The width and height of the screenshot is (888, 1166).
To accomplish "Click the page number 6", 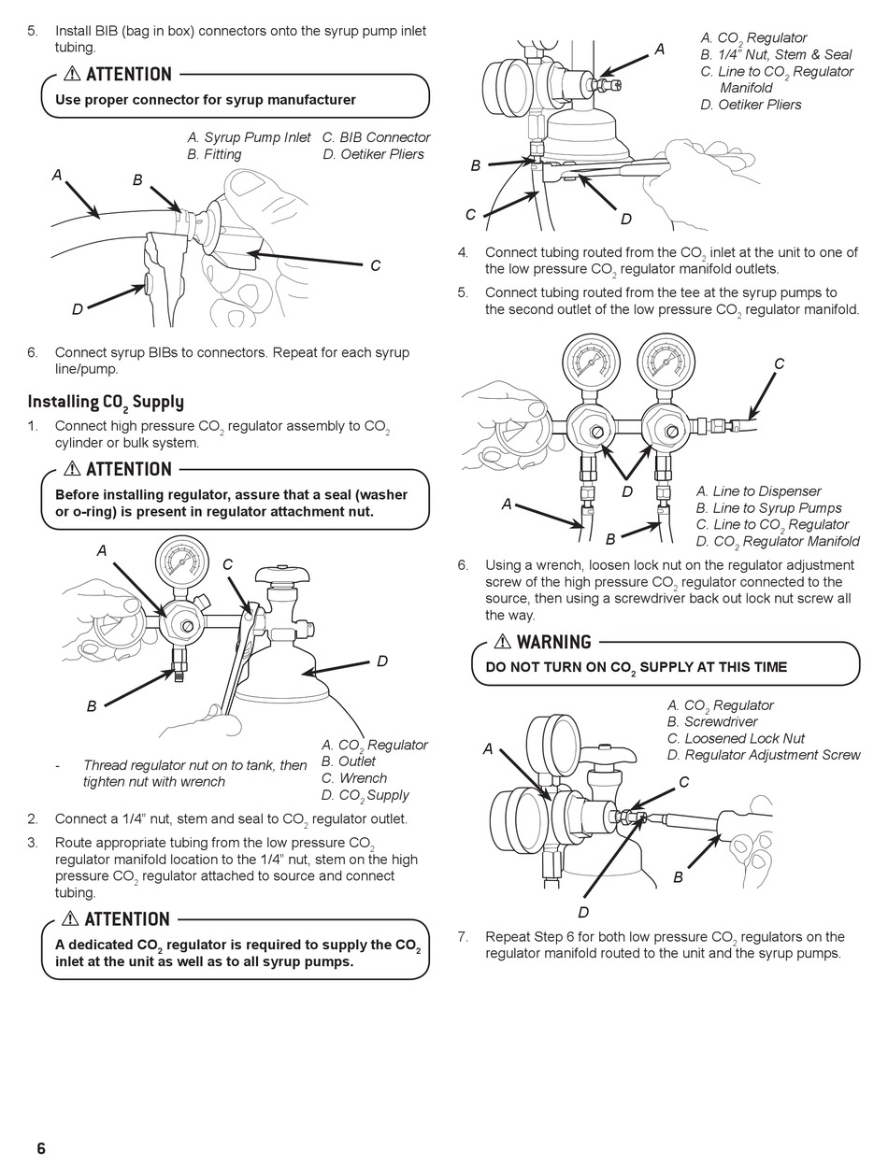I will coord(40,1148).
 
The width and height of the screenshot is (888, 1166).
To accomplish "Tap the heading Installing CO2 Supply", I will coord(106,402).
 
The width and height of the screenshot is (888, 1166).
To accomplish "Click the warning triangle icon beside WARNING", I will coord(502,642).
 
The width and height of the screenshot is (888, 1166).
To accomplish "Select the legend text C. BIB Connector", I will coord(376,137).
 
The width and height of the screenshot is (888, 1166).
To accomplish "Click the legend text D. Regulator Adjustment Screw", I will coord(763,755).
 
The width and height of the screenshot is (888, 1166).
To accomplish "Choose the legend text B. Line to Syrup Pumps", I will coord(768,508).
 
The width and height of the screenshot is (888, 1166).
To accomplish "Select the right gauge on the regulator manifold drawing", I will coord(665,362).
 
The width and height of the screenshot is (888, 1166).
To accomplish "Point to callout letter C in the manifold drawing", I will coord(779,363).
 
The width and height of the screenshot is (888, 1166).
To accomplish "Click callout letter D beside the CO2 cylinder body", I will coord(382,661).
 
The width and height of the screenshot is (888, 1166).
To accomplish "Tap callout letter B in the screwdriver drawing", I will coord(678,877).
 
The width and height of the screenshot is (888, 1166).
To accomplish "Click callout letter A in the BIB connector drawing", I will coord(57,175).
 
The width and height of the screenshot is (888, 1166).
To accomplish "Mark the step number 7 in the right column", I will coord(462,937).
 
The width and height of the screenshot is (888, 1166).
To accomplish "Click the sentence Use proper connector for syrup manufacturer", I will coord(206,100).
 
